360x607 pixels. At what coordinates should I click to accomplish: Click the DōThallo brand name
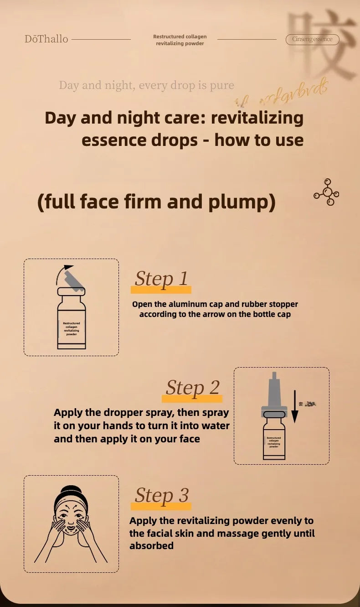[x=46, y=39]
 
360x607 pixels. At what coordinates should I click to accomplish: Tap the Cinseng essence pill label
[x=312, y=39]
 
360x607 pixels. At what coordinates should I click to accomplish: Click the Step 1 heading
[x=161, y=279]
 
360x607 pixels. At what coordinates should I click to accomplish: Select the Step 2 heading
[x=192, y=388]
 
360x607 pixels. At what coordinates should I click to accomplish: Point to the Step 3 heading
[x=161, y=495]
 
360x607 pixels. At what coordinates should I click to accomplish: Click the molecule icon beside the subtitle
[x=327, y=192]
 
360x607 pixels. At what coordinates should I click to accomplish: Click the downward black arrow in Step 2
[x=295, y=405]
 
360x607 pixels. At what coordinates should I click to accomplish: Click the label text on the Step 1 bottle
[x=71, y=328]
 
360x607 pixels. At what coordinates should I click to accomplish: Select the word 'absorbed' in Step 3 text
[x=151, y=546]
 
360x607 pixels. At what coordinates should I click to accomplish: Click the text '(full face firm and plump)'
[x=156, y=202]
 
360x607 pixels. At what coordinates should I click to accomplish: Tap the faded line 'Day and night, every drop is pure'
[x=146, y=85]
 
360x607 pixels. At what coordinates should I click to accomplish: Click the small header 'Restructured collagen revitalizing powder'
[x=180, y=40]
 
